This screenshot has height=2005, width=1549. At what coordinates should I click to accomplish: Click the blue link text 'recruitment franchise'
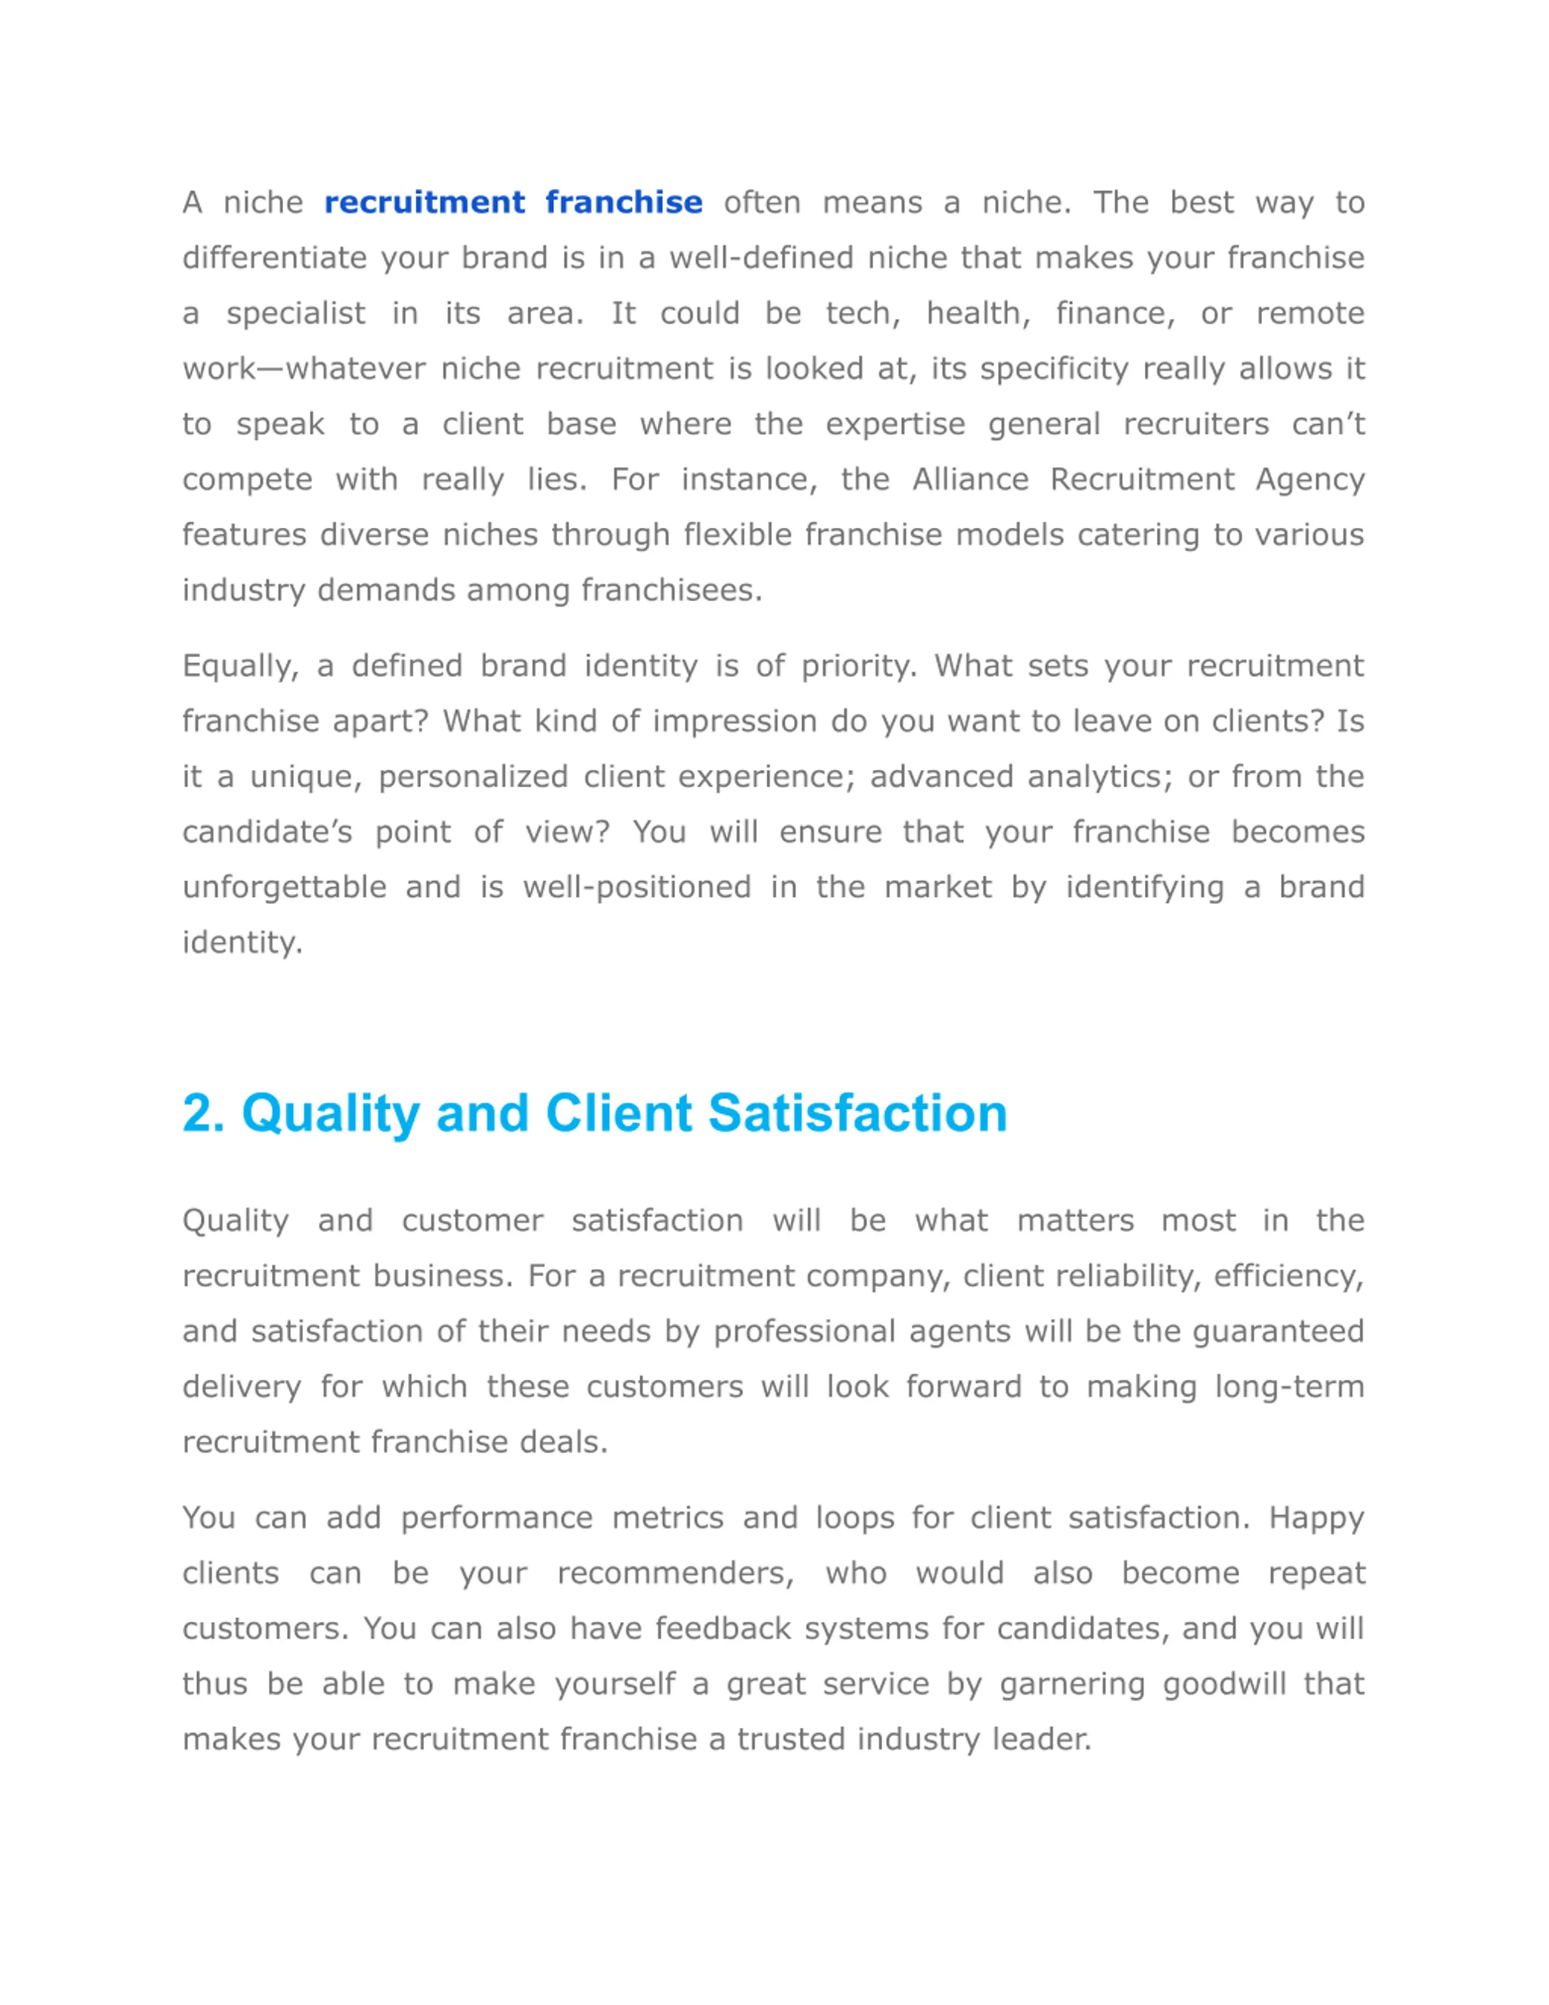coord(513,202)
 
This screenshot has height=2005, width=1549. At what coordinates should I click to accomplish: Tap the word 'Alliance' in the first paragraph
coord(970,479)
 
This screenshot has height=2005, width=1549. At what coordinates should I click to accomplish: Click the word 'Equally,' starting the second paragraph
coord(240,666)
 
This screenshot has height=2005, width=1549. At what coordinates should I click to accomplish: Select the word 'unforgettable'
coord(284,888)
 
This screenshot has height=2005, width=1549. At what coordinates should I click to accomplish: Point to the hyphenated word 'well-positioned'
coord(637,888)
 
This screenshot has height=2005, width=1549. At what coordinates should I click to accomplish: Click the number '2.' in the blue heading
coord(204,1114)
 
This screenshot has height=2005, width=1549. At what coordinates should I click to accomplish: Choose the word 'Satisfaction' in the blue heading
coord(858,1114)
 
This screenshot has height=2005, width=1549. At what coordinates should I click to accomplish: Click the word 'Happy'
coord(1316,1518)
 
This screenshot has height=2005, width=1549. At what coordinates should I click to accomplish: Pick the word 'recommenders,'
coord(675,1573)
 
